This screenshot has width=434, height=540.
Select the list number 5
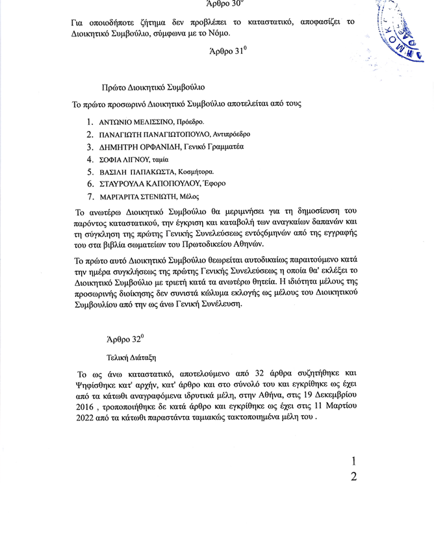point(90,172)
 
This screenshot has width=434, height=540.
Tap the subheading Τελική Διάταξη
point(131,357)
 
